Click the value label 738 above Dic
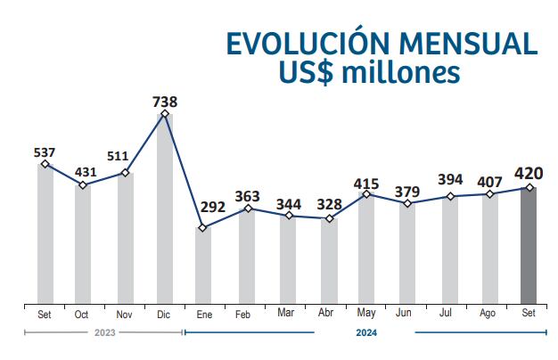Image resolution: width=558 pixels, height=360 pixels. (165, 102)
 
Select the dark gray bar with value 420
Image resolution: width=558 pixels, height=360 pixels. (529, 245)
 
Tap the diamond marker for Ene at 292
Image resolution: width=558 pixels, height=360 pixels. (203, 228)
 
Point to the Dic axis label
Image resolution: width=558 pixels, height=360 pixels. (164, 315)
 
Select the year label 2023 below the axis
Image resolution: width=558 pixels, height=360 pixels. (103, 333)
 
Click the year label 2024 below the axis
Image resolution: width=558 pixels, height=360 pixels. (365, 333)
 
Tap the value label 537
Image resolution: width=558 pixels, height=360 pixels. (45, 152)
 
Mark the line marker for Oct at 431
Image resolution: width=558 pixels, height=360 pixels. (83, 185)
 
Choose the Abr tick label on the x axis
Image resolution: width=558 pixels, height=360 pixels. (326, 315)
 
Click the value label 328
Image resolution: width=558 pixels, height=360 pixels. (331, 204)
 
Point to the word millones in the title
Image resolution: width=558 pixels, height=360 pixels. (405, 75)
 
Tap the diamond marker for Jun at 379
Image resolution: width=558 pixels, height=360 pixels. (406, 204)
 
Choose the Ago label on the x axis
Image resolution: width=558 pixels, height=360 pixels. (488, 315)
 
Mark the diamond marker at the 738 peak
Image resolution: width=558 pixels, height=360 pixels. (165, 114)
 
